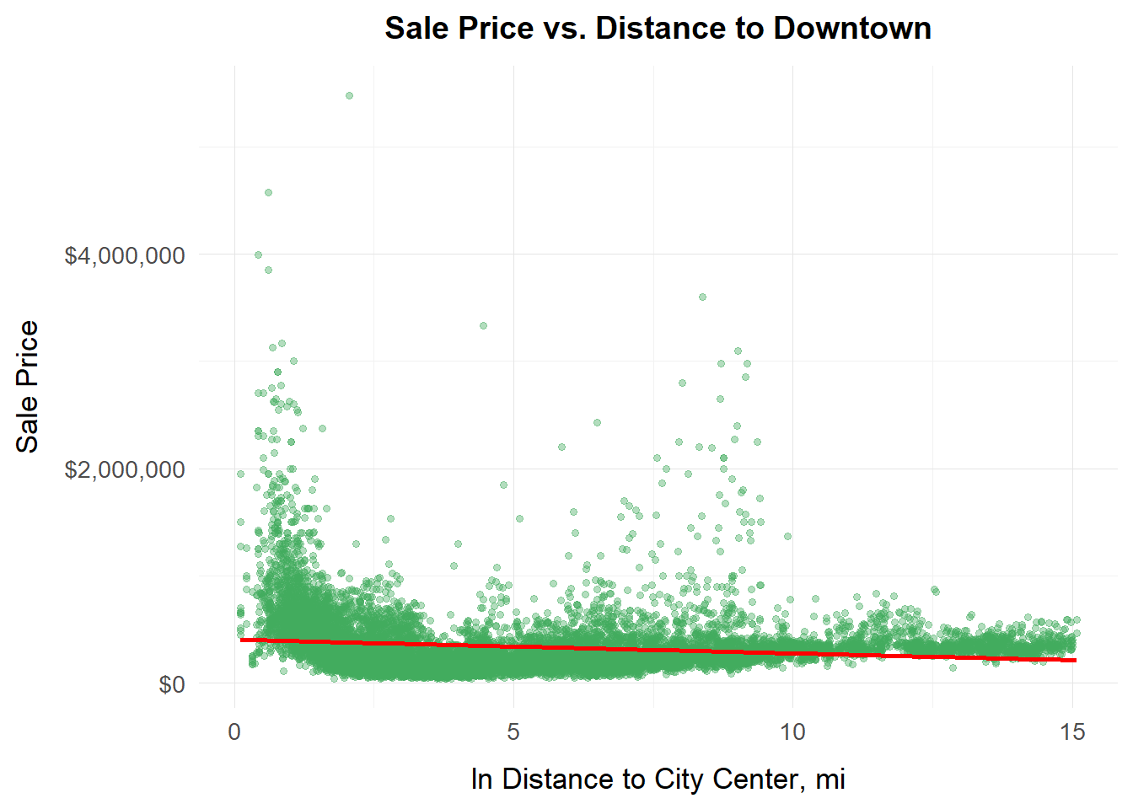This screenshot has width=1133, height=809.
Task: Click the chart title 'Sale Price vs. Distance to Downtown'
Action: [x=658, y=28]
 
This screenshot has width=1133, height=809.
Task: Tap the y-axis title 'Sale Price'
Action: [x=28, y=387]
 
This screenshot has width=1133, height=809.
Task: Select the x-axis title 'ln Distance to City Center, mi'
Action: [x=658, y=779]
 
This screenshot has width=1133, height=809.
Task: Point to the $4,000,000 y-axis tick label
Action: [x=124, y=255]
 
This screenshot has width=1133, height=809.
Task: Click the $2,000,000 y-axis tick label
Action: [x=124, y=469]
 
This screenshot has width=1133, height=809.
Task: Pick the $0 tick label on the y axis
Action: [x=172, y=684]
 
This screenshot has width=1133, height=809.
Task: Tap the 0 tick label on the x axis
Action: [x=234, y=731]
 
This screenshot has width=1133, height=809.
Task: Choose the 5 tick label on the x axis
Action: [x=513, y=731]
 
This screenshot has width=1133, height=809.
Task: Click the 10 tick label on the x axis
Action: [x=792, y=731]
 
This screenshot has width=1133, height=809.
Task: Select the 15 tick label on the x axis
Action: [x=1072, y=731]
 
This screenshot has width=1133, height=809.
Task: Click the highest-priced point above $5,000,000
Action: [x=349, y=96]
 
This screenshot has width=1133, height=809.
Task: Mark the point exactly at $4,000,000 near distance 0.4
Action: [x=258, y=254]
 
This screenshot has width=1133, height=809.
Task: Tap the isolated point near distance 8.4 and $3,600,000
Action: [x=702, y=297]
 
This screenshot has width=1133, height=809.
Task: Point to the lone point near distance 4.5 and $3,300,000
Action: [x=483, y=325]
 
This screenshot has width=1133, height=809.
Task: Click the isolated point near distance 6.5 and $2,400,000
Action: [x=597, y=422]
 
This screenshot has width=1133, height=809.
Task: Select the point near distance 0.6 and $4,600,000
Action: [x=268, y=192]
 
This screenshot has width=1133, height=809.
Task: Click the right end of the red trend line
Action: [x=1075, y=660]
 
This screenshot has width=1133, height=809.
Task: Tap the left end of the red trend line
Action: [x=242, y=640]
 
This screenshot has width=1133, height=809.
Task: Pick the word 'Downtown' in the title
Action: [x=852, y=28]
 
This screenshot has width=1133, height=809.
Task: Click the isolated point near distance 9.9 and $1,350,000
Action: [x=787, y=536]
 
